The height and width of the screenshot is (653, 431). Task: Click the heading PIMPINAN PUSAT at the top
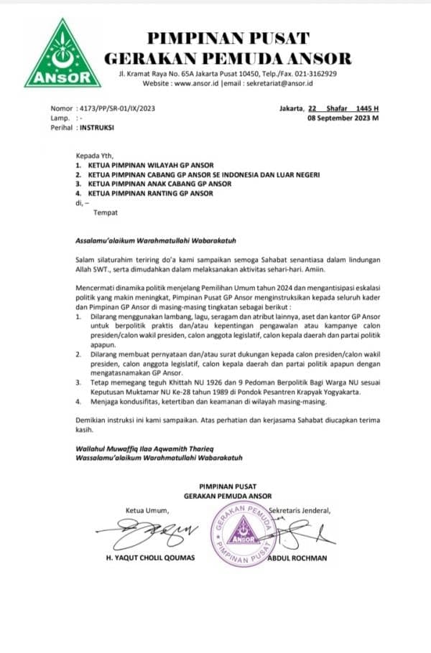coord(228,38)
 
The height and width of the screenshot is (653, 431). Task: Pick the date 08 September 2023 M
coord(343,118)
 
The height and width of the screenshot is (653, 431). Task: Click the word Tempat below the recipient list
coord(105,212)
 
